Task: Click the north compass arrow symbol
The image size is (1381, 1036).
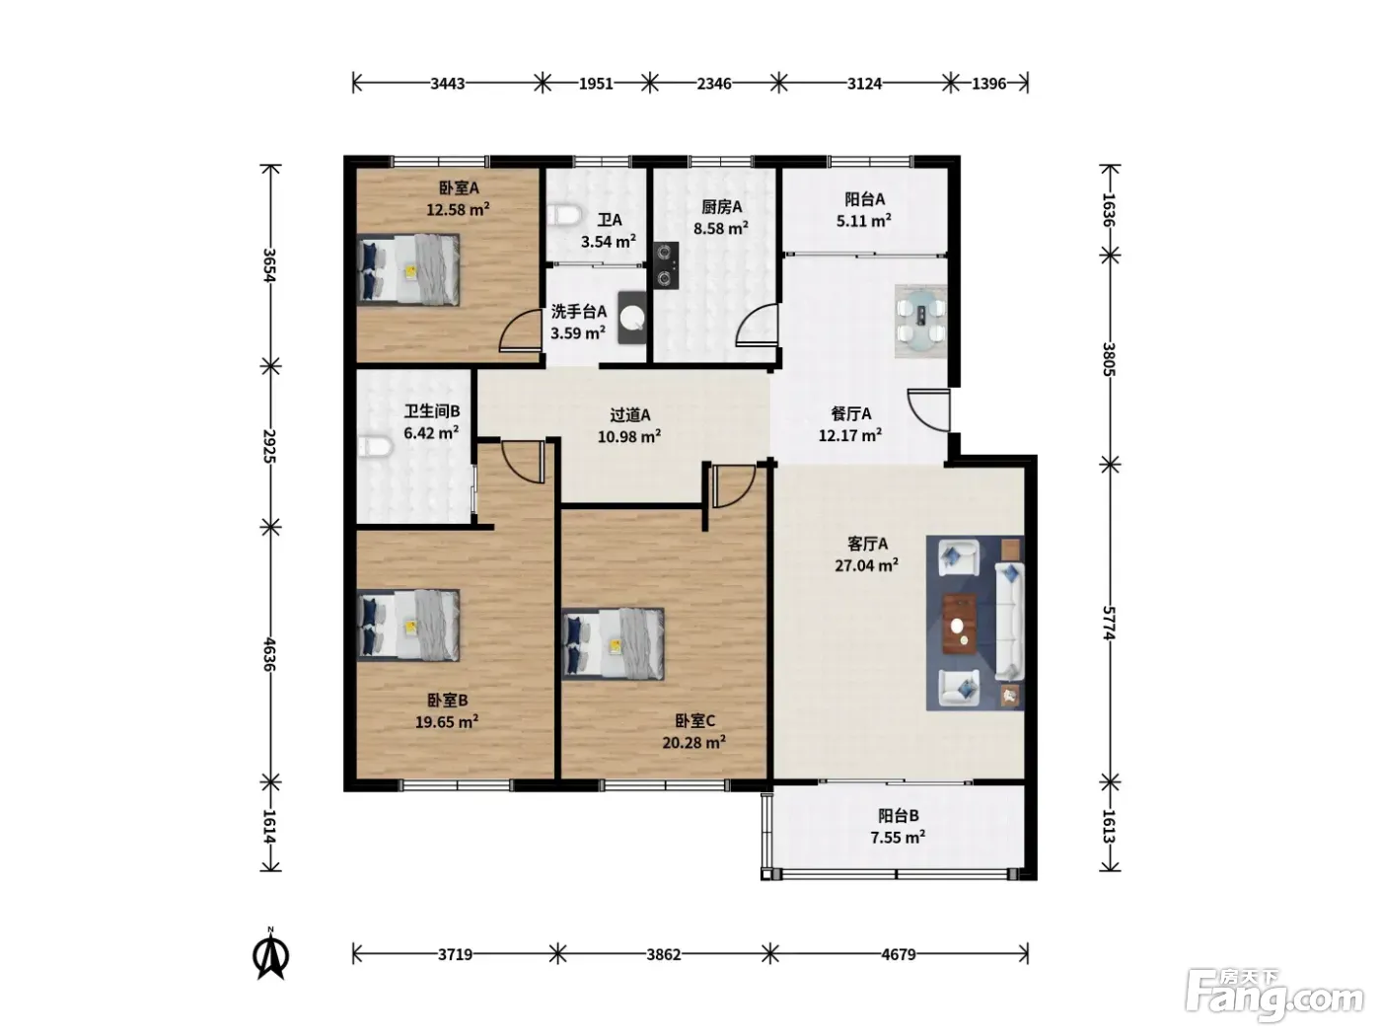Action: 270,956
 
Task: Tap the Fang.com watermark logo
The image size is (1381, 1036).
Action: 1274,998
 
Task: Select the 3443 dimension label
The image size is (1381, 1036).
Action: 447,84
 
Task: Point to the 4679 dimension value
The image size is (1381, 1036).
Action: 898,955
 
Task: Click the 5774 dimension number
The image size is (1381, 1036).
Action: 1109,624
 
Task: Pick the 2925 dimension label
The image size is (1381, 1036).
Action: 270,446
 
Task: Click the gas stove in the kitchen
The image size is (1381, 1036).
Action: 666,265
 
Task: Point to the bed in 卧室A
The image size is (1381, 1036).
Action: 408,269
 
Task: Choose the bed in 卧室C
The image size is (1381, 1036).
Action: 613,643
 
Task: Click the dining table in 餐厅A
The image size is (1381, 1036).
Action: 920,321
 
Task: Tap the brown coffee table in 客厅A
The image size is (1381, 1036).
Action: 960,624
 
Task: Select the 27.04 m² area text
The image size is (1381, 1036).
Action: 866,565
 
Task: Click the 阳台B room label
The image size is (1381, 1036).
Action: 898,816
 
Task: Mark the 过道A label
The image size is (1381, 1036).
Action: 629,415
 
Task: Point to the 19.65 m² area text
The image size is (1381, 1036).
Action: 447,722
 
